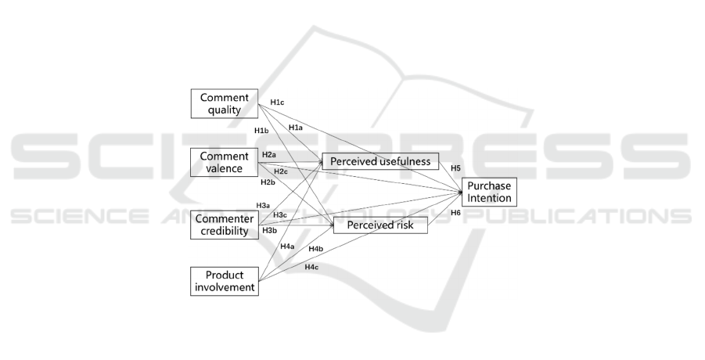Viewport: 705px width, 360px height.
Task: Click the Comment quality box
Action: [225, 104]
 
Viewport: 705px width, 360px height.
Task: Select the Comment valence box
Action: [225, 162]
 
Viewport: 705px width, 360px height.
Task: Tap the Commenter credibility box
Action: [225, 224]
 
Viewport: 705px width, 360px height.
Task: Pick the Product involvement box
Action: [225, 282]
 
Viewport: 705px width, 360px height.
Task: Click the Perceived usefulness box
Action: [380, 161]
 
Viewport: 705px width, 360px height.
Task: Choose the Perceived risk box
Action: [380, 225]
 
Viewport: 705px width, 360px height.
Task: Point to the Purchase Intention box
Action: [489, 193]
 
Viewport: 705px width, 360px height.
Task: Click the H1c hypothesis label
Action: [277, 102]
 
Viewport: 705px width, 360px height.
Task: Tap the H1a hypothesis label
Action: [296, 128]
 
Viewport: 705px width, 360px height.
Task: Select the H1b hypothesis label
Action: [261, 130]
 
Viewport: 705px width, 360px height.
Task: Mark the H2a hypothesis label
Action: [269, 155]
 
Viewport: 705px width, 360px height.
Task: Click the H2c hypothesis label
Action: [281, 171]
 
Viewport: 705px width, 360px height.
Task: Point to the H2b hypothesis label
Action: [268, 182]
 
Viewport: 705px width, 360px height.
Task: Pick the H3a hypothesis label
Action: [263, 205]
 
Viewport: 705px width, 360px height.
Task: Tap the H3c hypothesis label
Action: [280, 215]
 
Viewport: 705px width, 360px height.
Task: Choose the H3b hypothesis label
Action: [269, 230]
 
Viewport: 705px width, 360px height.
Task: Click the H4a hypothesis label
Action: [287, 247]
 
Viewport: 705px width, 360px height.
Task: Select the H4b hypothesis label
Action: [316, 249]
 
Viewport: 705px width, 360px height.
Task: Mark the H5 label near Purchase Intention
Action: [455, 167]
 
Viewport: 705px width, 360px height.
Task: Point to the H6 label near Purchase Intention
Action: [455, 213]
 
